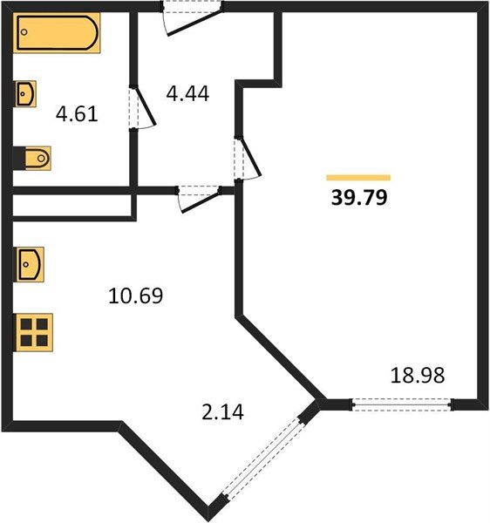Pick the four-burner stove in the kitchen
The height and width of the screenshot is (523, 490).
tap(33, 331)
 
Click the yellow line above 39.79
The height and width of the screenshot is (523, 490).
tap(358, 177)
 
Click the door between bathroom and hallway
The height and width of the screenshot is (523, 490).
tap(138, 109)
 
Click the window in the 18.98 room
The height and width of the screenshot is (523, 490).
tap(402, 404)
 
